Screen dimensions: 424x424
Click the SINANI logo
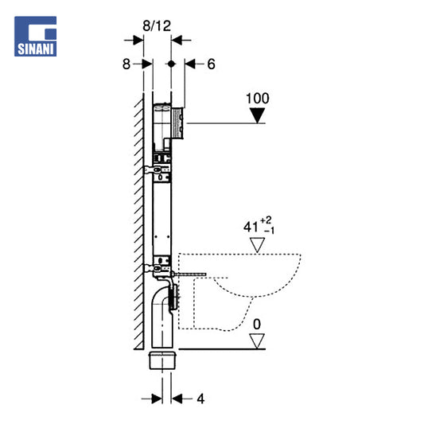(x=36, y=37)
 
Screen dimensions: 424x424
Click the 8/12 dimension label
(x=157, y=26)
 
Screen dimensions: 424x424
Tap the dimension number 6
(x=211, y=64)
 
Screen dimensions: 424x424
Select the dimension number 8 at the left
(x=126, y=64)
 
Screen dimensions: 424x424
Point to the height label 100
(x=258, y=99)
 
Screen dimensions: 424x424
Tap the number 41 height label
(x=251, y=227)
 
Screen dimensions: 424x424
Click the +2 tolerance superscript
(x=266, y=220)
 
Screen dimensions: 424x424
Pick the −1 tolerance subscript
(x=270, y=231)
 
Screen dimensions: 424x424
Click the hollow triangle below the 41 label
(x=257, y=245)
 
